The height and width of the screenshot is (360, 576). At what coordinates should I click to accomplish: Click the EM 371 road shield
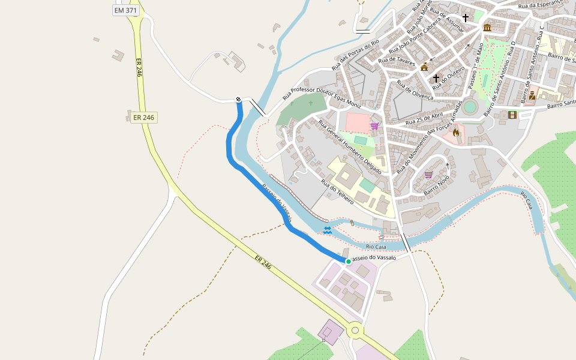(125, 11)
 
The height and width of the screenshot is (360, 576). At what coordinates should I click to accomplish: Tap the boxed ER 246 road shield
(144, 118)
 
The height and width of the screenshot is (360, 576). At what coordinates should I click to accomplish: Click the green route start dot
(348, 261)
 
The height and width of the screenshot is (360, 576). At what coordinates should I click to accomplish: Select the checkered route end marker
(238, 99)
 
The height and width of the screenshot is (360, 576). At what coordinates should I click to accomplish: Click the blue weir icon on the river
(327, 229)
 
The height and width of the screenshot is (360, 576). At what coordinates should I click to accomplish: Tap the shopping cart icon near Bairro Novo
(428, 175)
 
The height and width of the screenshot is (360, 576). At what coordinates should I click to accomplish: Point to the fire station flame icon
(456, 133)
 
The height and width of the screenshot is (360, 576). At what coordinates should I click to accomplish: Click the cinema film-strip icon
(512, 115)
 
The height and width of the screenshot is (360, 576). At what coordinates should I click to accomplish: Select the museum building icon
(487, 28)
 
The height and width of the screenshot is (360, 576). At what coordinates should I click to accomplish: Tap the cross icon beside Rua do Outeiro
(436, 79)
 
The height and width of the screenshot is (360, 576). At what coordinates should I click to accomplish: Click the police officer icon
(532, 95)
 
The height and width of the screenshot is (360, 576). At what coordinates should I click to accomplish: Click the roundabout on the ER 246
(355, 329)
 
